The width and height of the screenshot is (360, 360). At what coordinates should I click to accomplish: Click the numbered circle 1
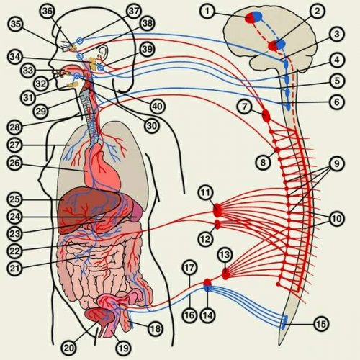click(207, 12)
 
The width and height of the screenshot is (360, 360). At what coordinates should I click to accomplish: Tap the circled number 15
click(321, 324)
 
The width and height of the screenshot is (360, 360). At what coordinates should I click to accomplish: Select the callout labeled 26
click(15, 163)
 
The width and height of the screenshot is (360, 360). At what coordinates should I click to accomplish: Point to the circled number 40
click(158, 106)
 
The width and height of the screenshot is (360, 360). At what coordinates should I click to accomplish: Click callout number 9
click(336, 163)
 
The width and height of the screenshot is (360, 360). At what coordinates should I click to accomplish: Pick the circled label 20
click(69, 347)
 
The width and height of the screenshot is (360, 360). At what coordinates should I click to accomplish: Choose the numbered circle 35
click(16, 24)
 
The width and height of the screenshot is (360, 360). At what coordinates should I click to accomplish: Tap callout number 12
click(206, 239)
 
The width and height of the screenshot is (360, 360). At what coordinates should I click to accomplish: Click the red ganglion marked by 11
click(217, 210)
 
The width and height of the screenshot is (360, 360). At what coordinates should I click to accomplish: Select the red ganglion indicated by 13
click(225, 274)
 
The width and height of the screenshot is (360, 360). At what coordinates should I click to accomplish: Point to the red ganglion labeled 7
click(266, 115)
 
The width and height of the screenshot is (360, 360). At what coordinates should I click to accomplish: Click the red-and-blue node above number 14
click(207, 285)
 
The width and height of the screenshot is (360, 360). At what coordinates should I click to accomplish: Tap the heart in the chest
click(102, 166)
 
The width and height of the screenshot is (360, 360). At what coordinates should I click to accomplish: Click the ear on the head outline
click(104, 52)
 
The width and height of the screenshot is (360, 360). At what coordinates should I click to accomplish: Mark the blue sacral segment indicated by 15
click(284, 322)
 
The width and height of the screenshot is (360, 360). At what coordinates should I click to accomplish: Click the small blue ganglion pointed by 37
click(80, 40)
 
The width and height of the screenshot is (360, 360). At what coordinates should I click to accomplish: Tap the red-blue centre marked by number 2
click(276, 45)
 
